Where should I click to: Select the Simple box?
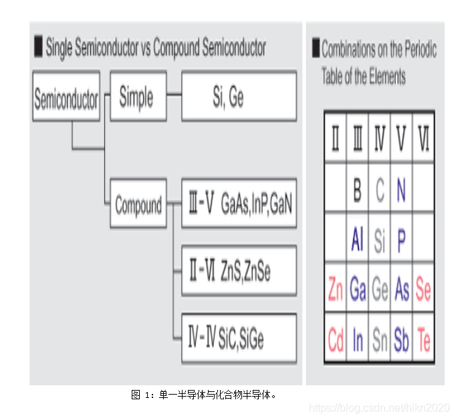(138, 97)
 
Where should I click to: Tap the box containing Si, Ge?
(238, 97)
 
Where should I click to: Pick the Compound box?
(138, 205)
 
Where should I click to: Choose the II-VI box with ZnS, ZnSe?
(238, 271)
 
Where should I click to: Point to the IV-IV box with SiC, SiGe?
(238, 338)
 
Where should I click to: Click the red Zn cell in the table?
(335, 290)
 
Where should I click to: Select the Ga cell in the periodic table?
(358, 290)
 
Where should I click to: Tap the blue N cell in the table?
(401, 191)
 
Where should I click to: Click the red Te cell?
(423, 340)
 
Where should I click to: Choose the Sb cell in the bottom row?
(401, 340)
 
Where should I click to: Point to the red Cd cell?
(335, 340)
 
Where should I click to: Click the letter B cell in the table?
(358, 191)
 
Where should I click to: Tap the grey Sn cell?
(379, 340)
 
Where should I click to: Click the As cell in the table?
(401, 290)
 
